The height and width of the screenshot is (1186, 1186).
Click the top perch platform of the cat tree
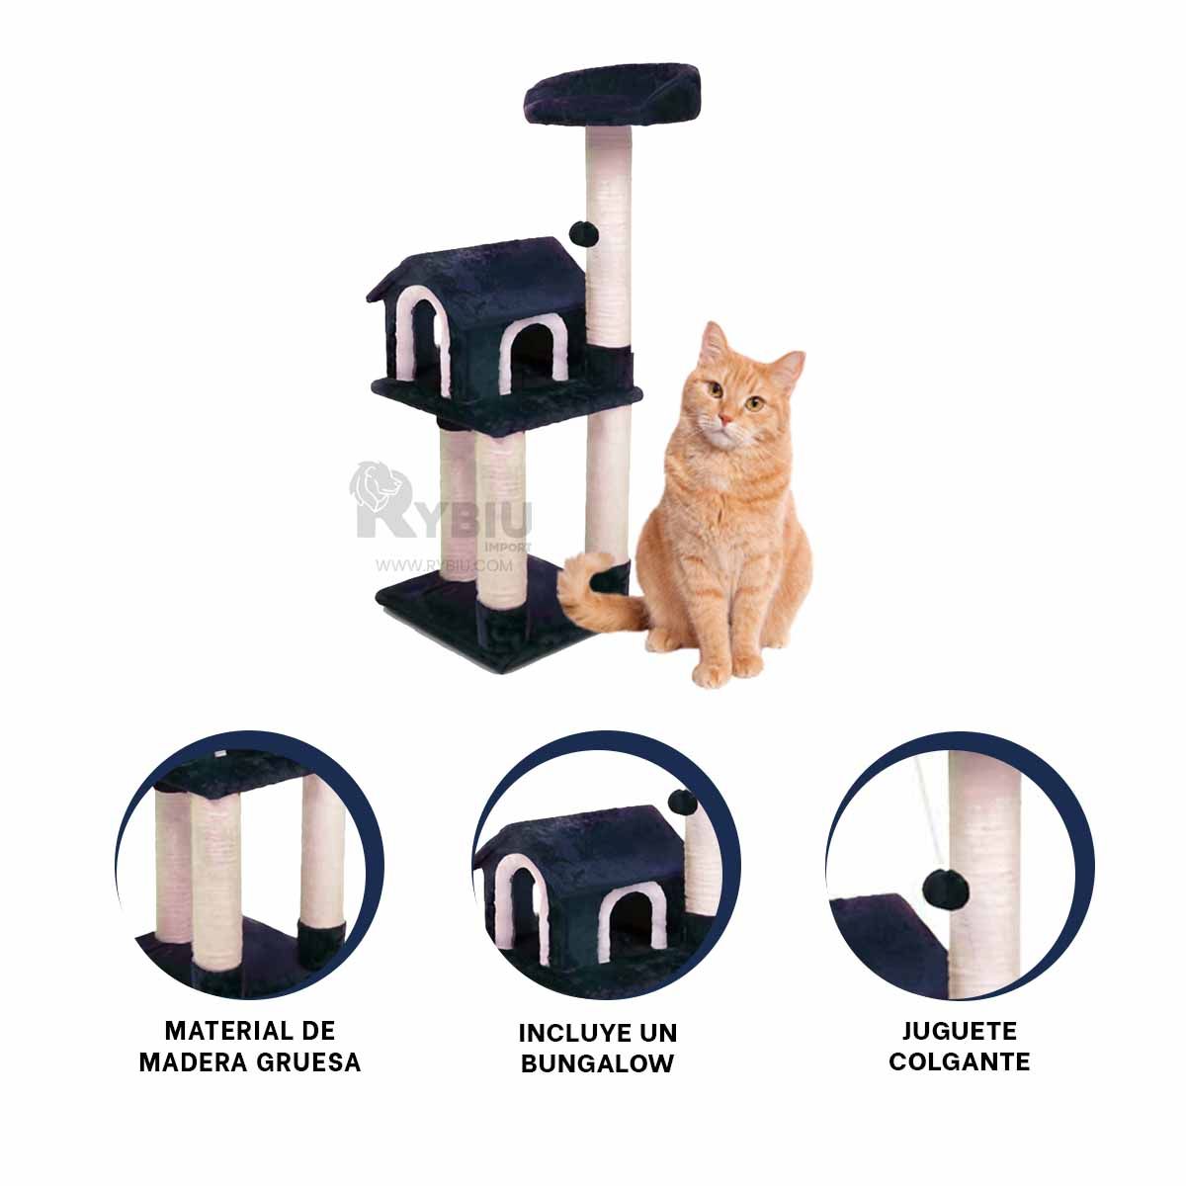pos(611,91)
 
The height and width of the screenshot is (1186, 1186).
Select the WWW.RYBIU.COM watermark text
pos(445,566)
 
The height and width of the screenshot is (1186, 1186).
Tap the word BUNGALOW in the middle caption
pos(598,1063)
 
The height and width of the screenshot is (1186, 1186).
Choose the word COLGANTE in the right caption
pos(959,1062)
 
